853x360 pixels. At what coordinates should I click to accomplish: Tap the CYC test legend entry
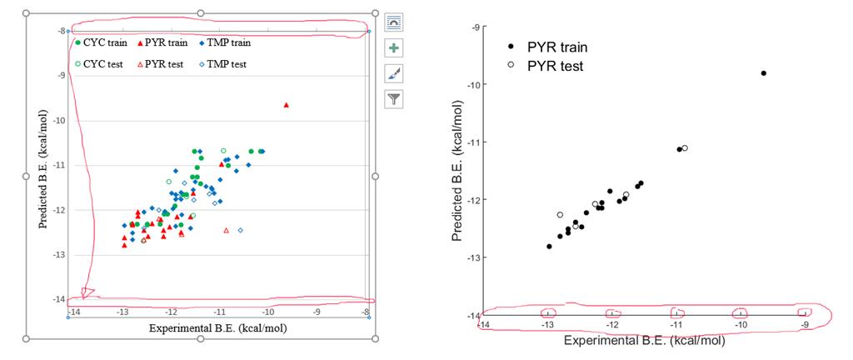click(x=97, y=64)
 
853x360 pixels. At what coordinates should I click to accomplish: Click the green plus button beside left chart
click(x=395, y=48)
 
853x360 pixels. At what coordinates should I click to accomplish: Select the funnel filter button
click(x=395, y=100)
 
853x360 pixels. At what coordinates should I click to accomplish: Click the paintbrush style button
click(x=395, y=74)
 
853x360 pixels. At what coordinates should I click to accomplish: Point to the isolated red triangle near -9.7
click(x=287, y=105)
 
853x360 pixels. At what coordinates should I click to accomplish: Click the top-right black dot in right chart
click(x=763, y=73)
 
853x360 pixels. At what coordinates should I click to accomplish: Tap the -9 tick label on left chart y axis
click(x=60, y=75)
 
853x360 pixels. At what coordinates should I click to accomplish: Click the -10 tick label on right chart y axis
click(x=475, y=85)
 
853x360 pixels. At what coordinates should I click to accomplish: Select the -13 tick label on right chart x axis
click(x=548, y=325)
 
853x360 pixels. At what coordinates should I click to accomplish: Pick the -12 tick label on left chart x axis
click(x=171, y=312)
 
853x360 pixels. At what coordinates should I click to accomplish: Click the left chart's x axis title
click(x=217, y=327)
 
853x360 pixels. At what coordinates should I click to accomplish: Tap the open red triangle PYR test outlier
click(x=226, y=230)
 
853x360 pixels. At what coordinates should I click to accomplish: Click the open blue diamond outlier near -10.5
click(x=241, y=230)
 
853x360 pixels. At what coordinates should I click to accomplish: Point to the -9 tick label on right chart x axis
click(x=805, y=325)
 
